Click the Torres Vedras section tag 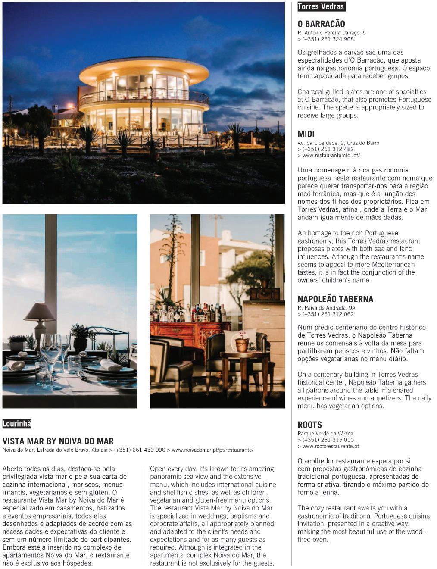click(x=321, y=6)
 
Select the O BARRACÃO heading click(x=321, y=24)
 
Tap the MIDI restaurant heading click(x=306, y=134)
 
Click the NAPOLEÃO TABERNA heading click(x=335, y=299)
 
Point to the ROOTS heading click(x=309, y=425)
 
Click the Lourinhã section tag click(x=17, y=424)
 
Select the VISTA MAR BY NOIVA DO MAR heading click(x=58, y=441)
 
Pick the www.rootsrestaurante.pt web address click(x=331, y=447)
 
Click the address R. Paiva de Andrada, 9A click(x=326, y=308)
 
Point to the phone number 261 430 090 click(x=139, y=450)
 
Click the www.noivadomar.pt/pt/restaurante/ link click(x=212, y=450)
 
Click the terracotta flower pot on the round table click(x=242, y=344)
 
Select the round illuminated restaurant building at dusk click(x=144, y=97)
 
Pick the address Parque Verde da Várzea click(x=325, y=434)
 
